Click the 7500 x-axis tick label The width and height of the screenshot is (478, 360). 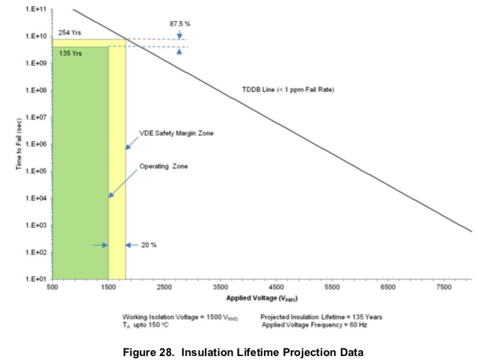[445, 287]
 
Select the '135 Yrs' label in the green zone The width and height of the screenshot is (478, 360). [67, 53]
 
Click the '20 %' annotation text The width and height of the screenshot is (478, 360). [149, 245]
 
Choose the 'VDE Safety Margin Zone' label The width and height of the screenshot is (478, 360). [177, 133]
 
